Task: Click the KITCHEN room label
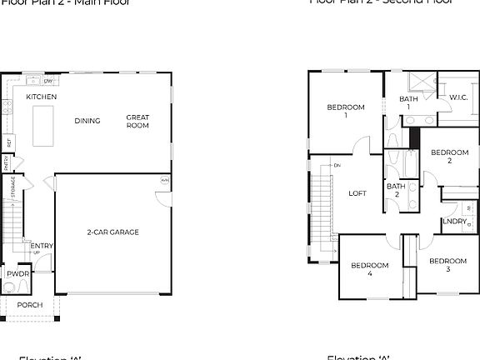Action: (41, 97)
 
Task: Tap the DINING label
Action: (87, 121)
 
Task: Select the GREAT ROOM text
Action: (137, 122)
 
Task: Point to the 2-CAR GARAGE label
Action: (112, 232)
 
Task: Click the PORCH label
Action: (29, 306)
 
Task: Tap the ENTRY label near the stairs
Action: (42, 246)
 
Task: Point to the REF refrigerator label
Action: (8, 142)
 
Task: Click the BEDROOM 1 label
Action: (345, 111)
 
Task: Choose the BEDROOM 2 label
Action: (448, 157)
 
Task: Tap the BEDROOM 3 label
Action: (447, 265)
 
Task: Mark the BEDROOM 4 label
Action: (369, 269)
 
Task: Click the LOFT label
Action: (357, 193)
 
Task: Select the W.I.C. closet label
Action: (457, 97)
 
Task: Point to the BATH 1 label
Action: (408, 103)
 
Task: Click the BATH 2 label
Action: (396, 190)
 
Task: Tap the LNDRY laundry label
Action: (454, 222)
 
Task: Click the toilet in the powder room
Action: (9, 288)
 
